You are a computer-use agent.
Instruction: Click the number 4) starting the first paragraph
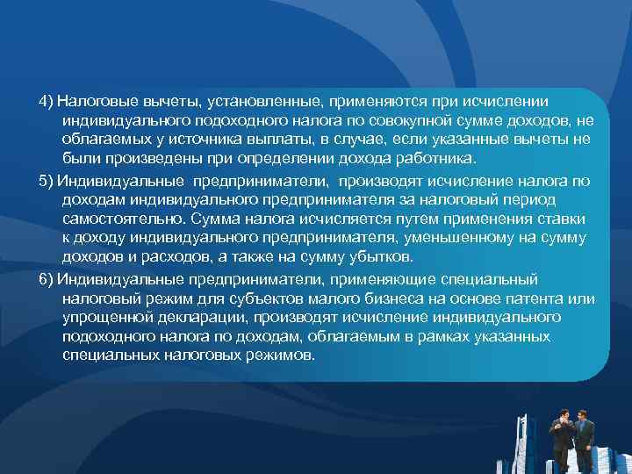(47, 101)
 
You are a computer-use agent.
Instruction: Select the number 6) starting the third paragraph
(47, 278)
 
